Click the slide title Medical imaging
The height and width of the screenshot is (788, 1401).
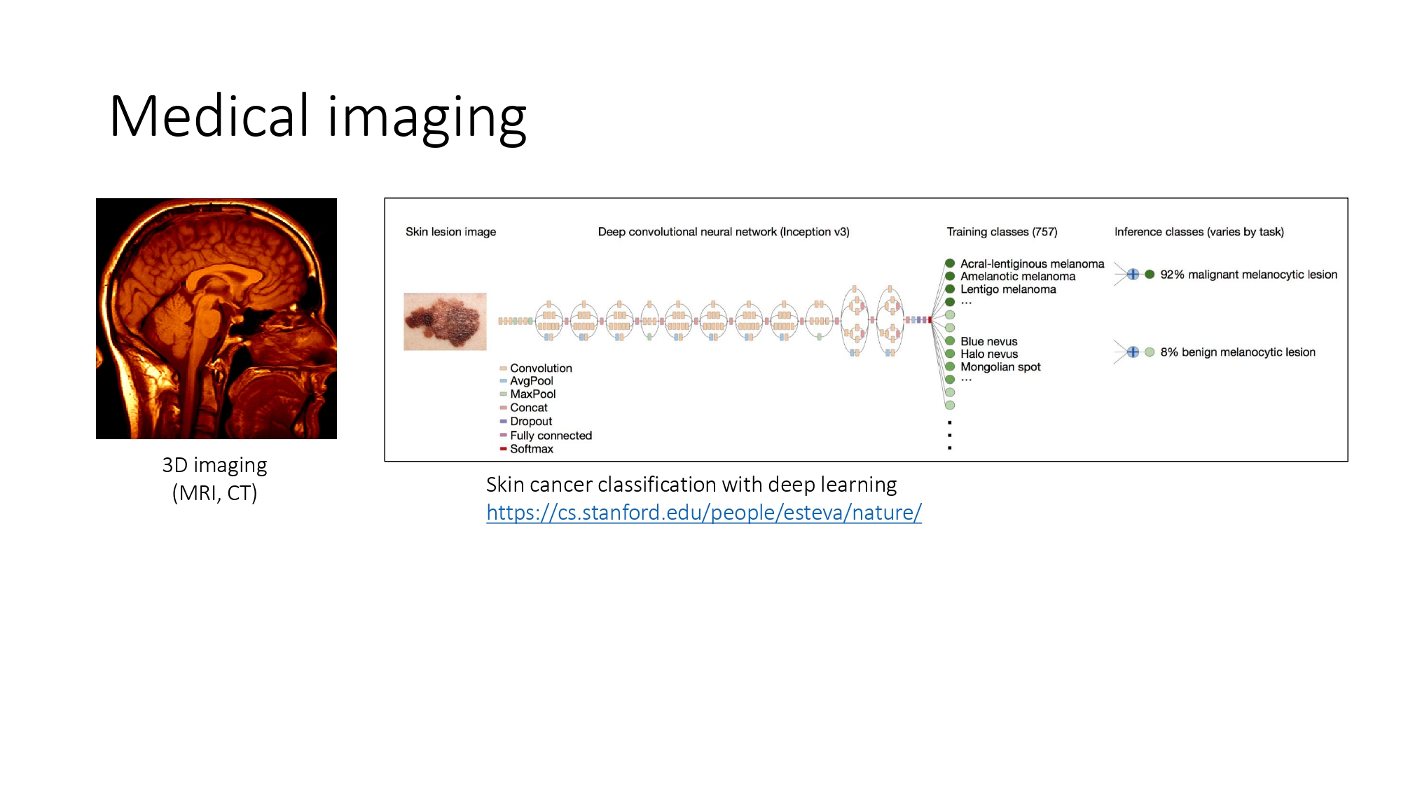317,117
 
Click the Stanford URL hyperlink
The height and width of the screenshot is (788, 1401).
703,513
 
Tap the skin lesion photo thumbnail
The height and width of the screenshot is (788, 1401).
445,322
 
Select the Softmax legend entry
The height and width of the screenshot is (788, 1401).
531,449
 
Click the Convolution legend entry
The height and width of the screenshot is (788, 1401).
540,368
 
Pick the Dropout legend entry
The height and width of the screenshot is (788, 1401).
530,422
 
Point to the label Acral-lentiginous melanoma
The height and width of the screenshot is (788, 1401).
1031,264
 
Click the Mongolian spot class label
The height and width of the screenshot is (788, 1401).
1000,367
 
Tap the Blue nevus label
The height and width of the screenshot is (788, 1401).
988,342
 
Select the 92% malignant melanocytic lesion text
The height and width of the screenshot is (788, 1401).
1248,275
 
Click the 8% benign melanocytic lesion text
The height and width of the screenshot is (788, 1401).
1237,352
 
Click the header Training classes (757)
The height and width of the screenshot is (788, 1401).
1002,232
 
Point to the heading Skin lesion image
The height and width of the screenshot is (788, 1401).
450,232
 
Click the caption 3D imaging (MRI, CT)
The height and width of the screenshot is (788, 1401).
215,479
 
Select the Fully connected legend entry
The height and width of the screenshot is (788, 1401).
550,436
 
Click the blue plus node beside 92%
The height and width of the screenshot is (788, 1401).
1133,275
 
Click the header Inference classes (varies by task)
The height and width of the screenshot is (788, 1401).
1199,232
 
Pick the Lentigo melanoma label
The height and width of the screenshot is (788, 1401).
1007,289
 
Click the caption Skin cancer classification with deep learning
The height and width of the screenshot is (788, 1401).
691,485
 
